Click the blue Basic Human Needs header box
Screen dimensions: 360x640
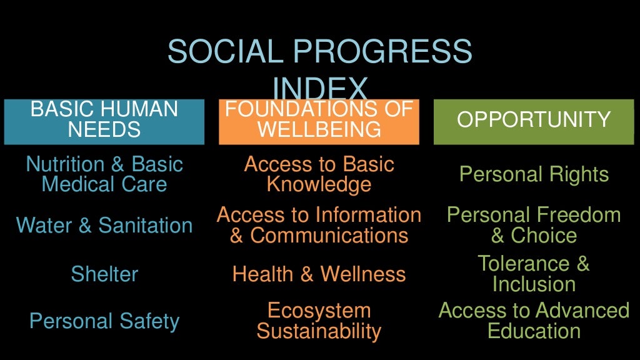coord(104,121)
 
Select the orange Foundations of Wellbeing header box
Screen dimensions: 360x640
coord(319,121)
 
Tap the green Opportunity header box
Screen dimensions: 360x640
coord(534,121)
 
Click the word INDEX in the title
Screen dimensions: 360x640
coord(319,87)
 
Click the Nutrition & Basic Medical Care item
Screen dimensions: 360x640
coord(104,174)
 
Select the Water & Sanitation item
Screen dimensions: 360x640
coord(104,225)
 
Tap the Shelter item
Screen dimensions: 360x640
coord(104,274)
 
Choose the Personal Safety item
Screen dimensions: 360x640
coord(104,321)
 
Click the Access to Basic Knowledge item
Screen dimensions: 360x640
coord(319,174)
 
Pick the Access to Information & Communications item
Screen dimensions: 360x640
coord(319,225)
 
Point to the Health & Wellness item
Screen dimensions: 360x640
coord(319,274)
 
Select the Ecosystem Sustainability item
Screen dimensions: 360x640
coord(319,321)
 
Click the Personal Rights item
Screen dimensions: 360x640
coord(534,174)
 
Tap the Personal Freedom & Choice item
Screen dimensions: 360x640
coord(534,225)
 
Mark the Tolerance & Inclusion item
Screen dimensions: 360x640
coord(534,274)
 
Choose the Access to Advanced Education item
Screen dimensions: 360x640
coord(534,321)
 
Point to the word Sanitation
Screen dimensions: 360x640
coord(145,225)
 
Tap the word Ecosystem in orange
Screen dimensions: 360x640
coord(319,311)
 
